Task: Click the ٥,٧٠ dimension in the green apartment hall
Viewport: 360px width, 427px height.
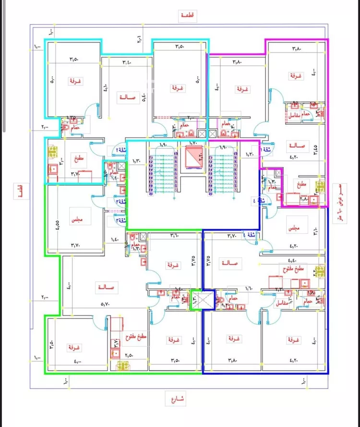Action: [104, 304]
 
